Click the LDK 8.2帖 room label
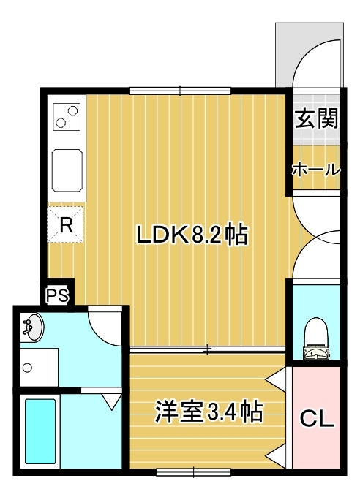[192, 235]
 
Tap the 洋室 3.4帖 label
[209, 412]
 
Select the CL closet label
[317, 418]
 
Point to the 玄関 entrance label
[316, 118]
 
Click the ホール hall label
[316, 170]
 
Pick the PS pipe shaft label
[58, 295]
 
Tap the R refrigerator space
[66, 224]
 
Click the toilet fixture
[316, 338]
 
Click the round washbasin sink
[32, 327]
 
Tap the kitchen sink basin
[67, 170]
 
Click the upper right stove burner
[73, 110]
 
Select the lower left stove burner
[61, 123]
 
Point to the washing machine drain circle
[28, 368]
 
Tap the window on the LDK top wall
[180, 91]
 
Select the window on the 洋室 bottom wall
[193, 472]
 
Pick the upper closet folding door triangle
[276, 379]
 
